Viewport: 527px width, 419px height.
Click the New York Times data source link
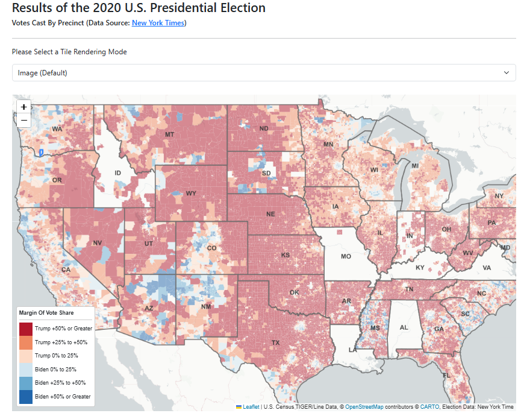click(x=158, y=23)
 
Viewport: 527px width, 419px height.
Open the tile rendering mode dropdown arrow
click(x=506, y=73)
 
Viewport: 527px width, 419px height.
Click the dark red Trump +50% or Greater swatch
click(x=25, y=329)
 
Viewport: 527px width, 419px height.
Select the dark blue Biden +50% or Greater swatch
click(x=25, y=397)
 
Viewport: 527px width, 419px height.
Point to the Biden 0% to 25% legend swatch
click(x=25, y=370)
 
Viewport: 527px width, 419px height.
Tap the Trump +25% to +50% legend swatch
click(x=25, y=342)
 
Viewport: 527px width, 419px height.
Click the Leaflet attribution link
click(x=251, y=407)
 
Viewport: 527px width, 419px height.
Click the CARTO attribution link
click(x=429, y=407)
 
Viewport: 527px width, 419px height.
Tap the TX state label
click(x=276, y=342)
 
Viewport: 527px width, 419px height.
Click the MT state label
click(x=169, y=134)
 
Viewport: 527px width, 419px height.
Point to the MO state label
click(x=346, y=256)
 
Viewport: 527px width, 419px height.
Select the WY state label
click(x=191, y=194)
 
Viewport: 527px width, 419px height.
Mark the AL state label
click(x=404, y=327)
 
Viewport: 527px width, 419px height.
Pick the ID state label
click(x=118, y=174)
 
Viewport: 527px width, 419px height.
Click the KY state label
click(x=420, y=267)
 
